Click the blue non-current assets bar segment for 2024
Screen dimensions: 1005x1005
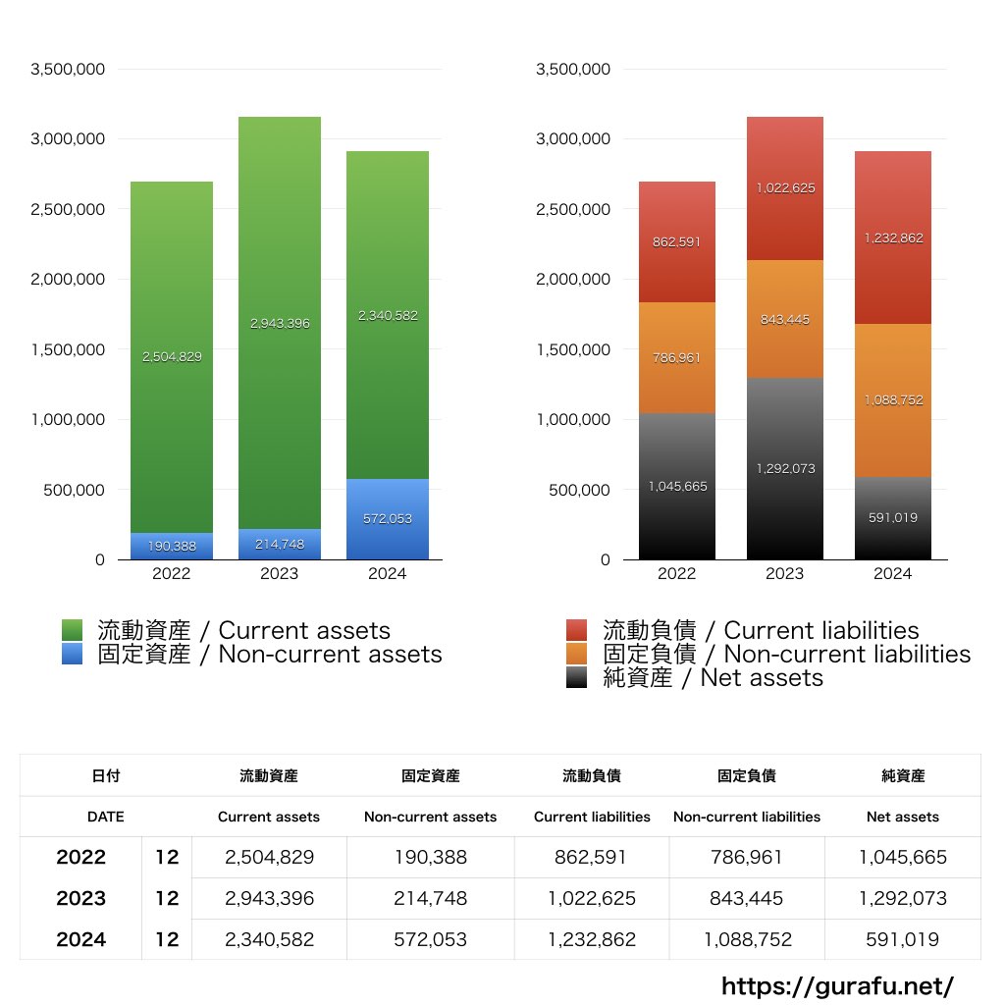point(387,518)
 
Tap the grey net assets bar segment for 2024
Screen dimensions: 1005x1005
point(892,518)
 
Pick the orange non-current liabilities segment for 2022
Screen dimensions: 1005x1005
point(676,358)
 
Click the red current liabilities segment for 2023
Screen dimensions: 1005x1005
point(784,188)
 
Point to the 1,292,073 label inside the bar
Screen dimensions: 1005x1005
point(784,469)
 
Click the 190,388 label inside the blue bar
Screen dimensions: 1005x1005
point(172,547)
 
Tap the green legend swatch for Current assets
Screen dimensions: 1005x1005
point(72,630)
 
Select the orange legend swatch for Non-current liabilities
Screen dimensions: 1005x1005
point(577,654)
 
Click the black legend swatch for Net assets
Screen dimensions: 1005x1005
point(577,677)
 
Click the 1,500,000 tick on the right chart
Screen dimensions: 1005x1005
point(573,349)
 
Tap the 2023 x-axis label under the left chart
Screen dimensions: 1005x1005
point(279,574)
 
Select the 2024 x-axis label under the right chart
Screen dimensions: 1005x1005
point(892,574)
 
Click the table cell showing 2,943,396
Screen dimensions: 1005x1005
point(269,898)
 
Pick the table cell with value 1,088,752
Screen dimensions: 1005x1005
point(747,939)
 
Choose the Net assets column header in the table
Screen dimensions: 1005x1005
point(903,817)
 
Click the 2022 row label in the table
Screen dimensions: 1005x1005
point(80,857)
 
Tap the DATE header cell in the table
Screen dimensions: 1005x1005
point(105,817)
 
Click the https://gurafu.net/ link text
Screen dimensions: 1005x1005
point(837,985)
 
